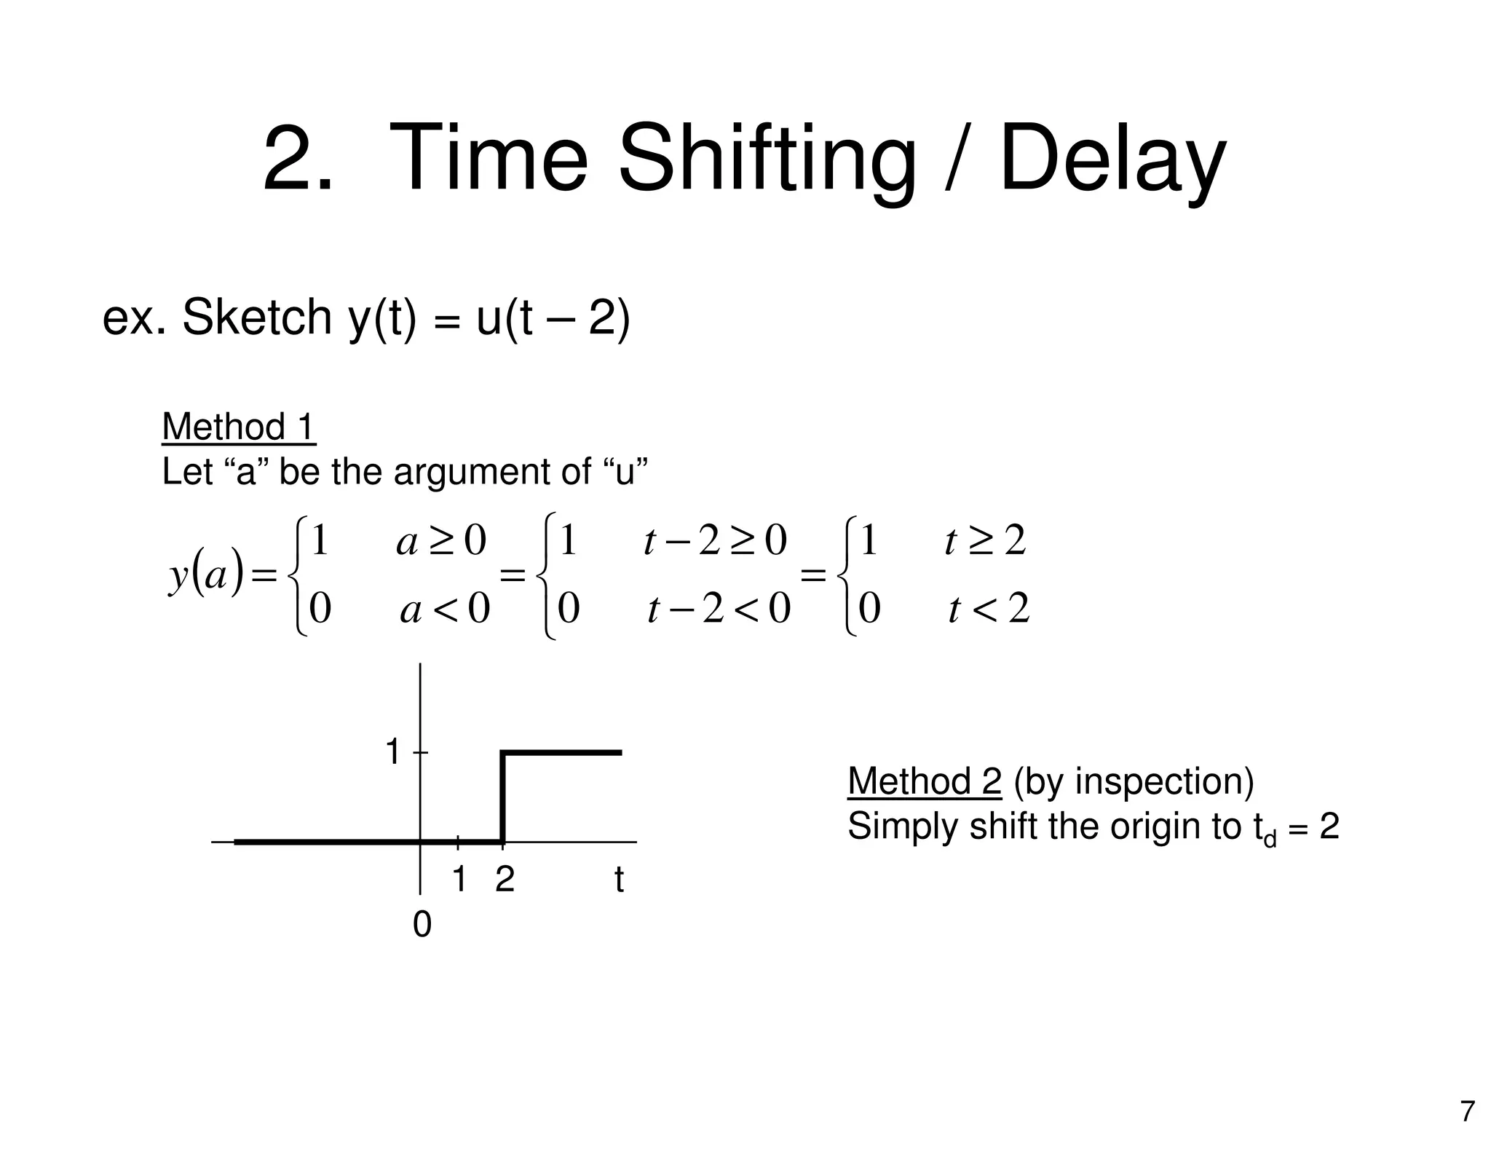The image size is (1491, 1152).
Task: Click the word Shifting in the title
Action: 766,160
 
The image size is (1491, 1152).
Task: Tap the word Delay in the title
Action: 1112,160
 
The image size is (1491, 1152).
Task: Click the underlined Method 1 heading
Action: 238,427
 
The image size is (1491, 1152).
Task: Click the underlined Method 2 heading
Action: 925,781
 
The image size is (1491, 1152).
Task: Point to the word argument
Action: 492,471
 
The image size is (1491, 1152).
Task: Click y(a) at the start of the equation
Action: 205,577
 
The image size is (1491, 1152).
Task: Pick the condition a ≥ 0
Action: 440,542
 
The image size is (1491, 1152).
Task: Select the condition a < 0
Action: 445,609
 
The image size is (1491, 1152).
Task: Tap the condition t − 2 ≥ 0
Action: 715,542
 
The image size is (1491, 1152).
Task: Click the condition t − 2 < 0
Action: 719,609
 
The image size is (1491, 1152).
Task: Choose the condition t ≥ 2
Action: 984,542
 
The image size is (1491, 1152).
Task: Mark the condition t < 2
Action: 989,609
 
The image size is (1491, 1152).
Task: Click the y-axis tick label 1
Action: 393,751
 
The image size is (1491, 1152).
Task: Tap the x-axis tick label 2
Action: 505,880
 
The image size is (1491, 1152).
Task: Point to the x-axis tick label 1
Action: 459,880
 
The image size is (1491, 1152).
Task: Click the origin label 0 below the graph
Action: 422,926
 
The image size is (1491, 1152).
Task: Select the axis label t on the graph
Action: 619,880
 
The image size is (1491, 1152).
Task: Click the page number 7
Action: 1467,1112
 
